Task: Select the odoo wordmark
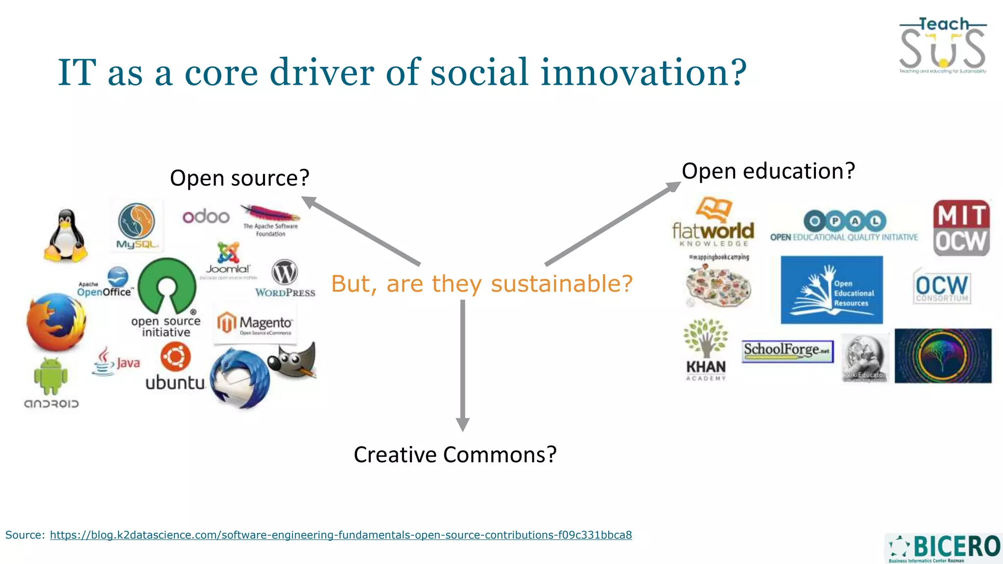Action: (206, 216)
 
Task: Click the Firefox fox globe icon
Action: (56, 322)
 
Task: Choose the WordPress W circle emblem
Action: (285, 272)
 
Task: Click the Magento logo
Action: (255, 324)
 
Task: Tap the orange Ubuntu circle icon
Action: (175, 356)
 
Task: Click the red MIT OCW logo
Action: (961, 228)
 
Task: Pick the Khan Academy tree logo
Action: (706, 338)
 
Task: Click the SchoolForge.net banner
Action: (788, 351)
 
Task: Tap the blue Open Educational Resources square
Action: (832, 290)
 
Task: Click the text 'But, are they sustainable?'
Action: (482, 283)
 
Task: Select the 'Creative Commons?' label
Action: (455, 454)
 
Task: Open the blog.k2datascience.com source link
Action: (340, 535)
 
